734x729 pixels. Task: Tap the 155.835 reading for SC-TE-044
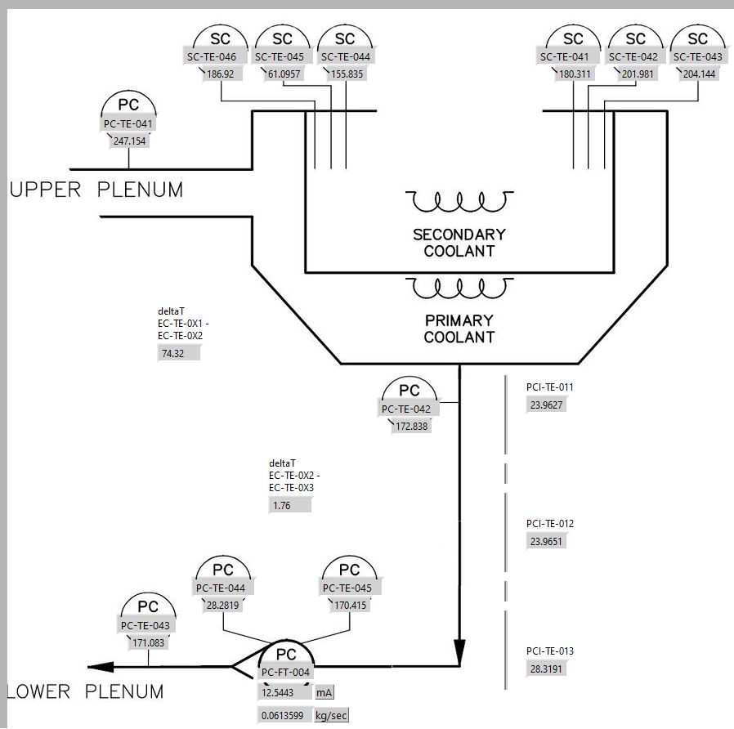[345, 74]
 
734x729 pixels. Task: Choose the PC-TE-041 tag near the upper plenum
[128, 124]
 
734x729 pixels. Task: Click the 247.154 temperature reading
[129, 141]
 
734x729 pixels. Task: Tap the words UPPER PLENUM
[96, 190]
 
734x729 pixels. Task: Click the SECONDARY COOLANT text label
[459, 243]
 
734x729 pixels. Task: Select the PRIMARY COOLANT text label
[459, 329]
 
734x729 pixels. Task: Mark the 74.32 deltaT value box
[178, 354]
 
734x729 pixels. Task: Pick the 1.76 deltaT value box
[290, 505]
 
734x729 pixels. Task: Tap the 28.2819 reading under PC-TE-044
[222, 605]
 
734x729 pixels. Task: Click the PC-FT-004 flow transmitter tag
[285, 673]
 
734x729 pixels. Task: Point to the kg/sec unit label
[332, 716]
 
